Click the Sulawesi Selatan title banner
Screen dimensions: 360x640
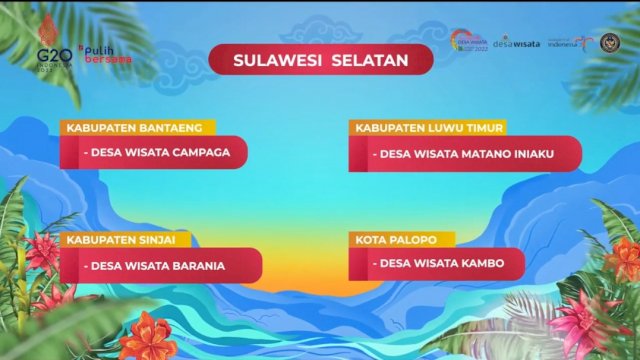[x=320, y=60]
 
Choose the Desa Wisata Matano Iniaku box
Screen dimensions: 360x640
[x=464, y=154]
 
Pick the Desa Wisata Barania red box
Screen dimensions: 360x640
[x=160, y=266]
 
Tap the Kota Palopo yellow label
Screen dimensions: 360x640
[x=401, y=240]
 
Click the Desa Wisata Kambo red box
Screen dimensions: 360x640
[x=436, y=265]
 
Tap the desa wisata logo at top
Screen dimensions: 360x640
[x=517, y=41]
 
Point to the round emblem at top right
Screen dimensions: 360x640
[x=609, y=41]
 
